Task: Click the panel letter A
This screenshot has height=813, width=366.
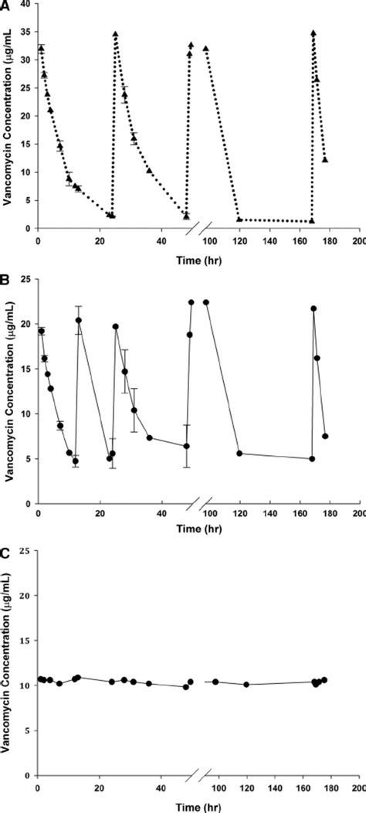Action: click(x=5, y=5)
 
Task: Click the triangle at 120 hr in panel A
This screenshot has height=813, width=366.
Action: click(x=239, y=219)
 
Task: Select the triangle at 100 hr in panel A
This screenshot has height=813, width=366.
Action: click(x=206, y=49)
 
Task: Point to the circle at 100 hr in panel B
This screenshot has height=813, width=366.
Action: click(x=206, y=302)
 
